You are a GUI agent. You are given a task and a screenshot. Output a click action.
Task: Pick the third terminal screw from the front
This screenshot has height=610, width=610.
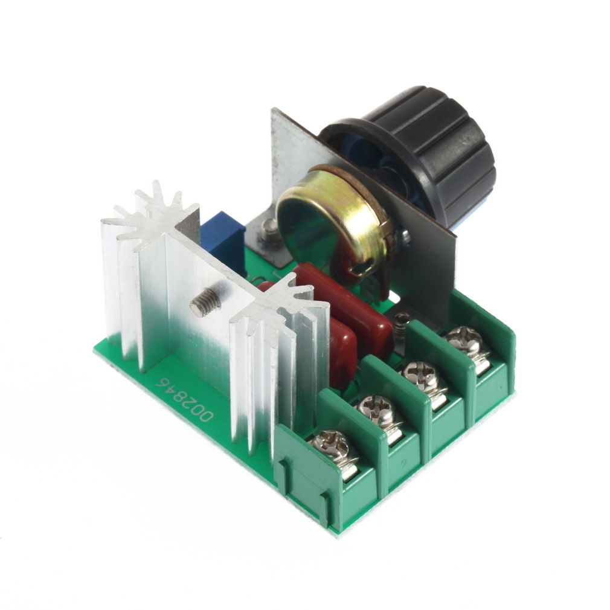pos(423,378)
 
